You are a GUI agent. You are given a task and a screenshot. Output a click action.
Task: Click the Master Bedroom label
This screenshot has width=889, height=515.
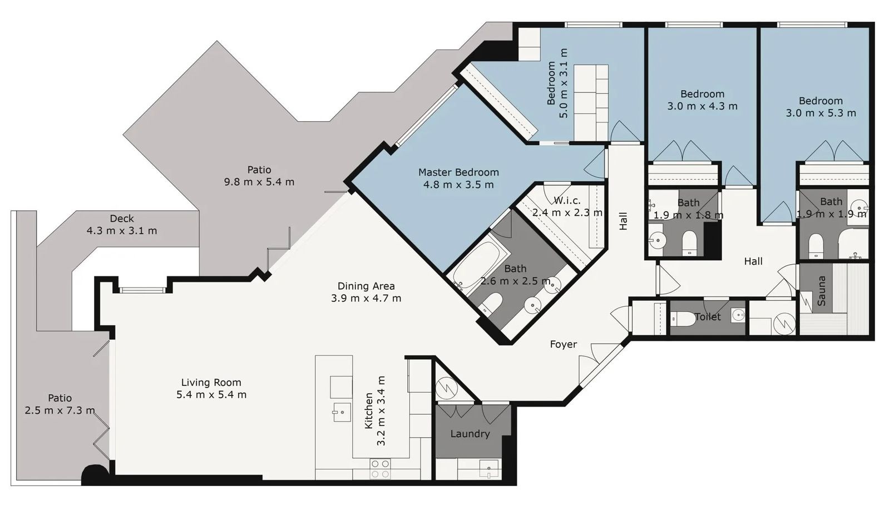click(458, 172)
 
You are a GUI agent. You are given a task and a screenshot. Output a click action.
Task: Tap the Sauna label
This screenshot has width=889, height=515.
click(822, 291)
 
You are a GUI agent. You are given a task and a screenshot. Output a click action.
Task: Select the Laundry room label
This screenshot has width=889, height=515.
click(470, 434)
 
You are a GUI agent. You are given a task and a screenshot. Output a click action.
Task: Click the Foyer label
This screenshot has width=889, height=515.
click(563, 344)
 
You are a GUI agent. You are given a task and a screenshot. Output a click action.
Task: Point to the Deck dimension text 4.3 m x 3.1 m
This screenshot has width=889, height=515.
click(122, 230)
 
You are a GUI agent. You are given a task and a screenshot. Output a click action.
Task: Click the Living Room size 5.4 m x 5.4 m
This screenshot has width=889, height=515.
click(211, 395)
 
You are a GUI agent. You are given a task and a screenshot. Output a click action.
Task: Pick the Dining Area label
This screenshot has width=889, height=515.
click(366, 286)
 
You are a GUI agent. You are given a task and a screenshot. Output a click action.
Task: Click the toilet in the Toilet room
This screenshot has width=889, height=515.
click(683, 319)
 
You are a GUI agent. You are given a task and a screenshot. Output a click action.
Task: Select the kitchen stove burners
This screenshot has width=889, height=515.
click(380, 469)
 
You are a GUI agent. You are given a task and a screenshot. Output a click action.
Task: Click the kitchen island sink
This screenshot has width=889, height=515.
click(342, 412)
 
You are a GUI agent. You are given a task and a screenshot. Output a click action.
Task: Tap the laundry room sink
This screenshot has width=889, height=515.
click(488, 469)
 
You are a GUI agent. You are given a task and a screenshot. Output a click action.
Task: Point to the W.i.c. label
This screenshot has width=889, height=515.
click(567, 200)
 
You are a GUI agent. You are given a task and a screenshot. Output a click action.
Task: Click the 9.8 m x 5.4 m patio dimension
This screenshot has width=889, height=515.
click(259, 182)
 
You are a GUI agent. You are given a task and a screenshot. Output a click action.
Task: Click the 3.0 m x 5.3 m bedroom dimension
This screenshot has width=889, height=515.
click(821, 113)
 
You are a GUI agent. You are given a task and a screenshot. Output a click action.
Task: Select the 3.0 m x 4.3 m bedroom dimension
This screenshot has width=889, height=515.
click(702, 106)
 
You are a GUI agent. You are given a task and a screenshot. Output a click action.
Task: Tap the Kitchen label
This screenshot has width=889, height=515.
click(369, 410)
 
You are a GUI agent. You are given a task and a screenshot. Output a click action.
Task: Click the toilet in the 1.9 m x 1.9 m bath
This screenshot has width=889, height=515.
click(816, 245)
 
